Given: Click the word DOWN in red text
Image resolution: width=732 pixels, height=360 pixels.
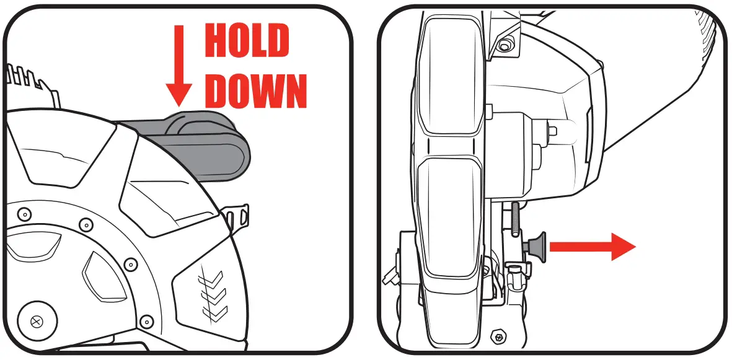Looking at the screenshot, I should click(255, 91).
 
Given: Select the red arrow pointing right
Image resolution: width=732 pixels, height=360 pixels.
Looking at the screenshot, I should click(592, 247).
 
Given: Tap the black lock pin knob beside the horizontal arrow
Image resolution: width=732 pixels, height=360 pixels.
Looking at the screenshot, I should click(536, 245).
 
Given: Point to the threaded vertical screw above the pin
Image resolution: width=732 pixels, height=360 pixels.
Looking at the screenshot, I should click(514, 220).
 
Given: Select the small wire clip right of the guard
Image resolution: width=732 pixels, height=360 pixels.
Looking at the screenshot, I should click(238, 217).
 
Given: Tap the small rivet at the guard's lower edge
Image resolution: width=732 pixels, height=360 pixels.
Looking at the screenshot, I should click(147, 321).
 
